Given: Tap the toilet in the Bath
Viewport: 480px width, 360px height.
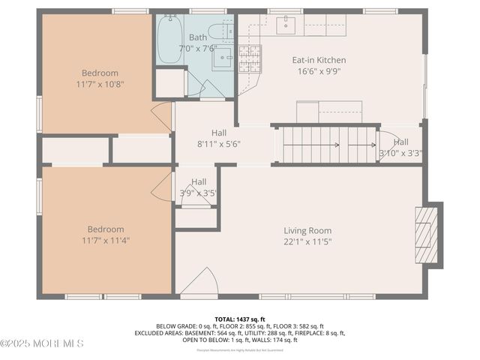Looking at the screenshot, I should point(222,31).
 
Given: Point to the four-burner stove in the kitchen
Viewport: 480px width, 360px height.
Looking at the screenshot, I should point(250,57).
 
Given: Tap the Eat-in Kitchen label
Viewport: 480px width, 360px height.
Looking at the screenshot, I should point(319,60).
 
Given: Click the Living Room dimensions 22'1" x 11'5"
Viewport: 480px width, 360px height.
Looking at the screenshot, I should point(307,241).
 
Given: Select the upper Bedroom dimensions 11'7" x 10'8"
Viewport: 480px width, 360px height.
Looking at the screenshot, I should point(100,84).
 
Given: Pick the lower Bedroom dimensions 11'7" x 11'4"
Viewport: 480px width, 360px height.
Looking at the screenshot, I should point(105,240).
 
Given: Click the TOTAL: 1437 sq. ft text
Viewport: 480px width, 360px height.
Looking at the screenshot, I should point(240,319).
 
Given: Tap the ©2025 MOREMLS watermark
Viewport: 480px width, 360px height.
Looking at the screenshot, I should point(42,343).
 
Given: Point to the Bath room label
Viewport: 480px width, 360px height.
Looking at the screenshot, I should point(198,37).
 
